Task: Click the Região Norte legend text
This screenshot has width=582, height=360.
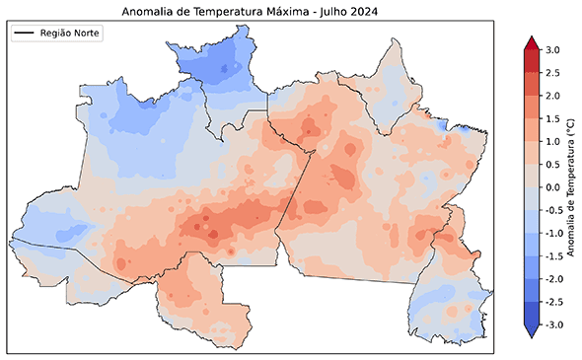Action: [x=70, y=34]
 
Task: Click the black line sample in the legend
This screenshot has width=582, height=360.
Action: [x=25, y=34]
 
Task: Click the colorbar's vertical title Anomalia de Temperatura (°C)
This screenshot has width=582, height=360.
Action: [x=572, y=187]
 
